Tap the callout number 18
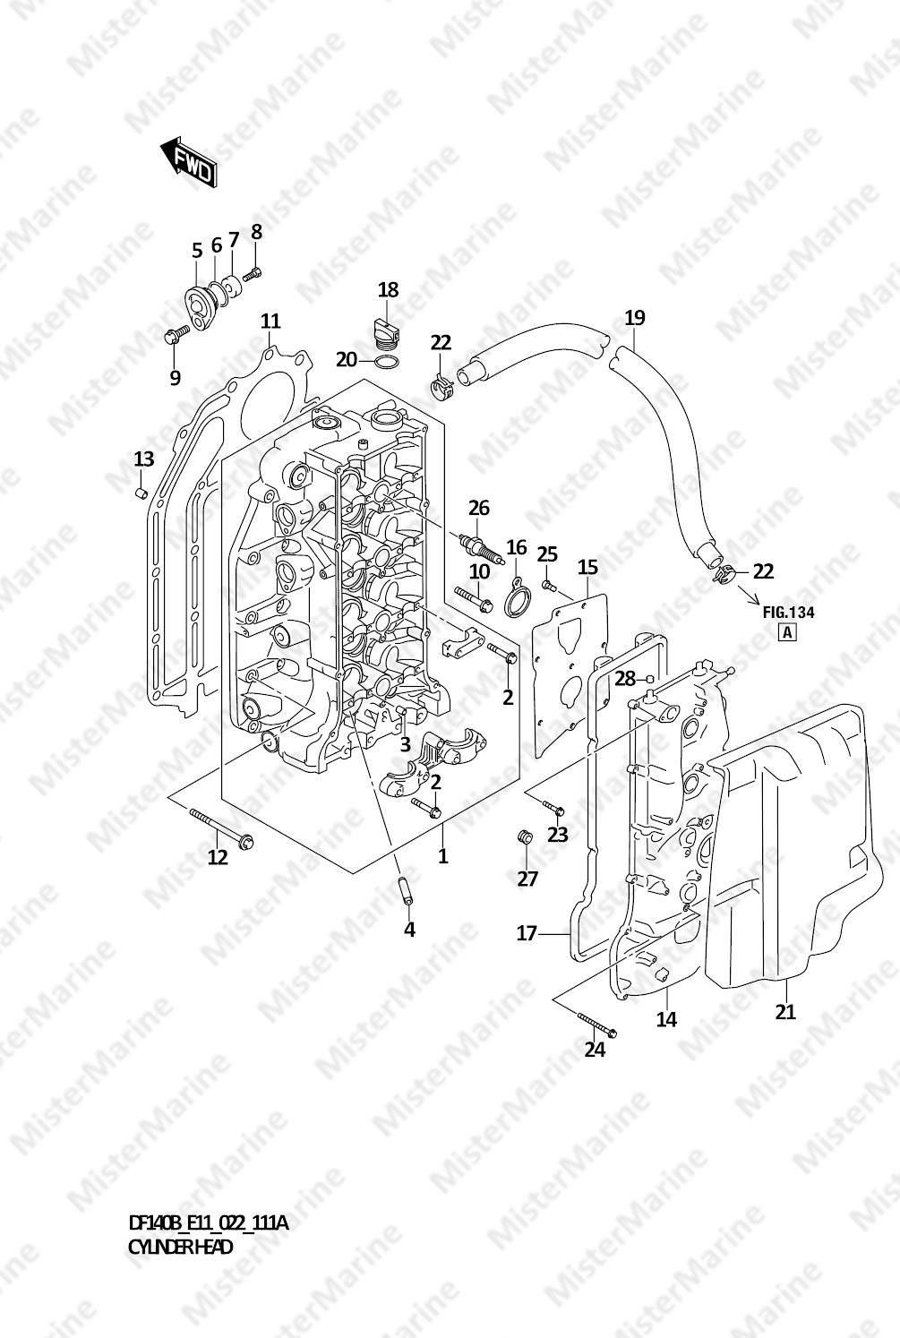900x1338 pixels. click(388, 290)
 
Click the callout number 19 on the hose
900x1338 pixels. click(635, 317)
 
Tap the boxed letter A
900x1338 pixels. click(788, 632)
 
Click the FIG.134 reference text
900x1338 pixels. click(788, 613)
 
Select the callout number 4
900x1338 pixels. click(409, 930)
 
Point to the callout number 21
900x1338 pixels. click(785, 1012)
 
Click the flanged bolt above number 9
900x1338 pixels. click(176, 335)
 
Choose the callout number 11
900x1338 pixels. click(270, 322)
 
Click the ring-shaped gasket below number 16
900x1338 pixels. click(516, 601)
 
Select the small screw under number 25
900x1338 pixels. click(549, 586)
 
